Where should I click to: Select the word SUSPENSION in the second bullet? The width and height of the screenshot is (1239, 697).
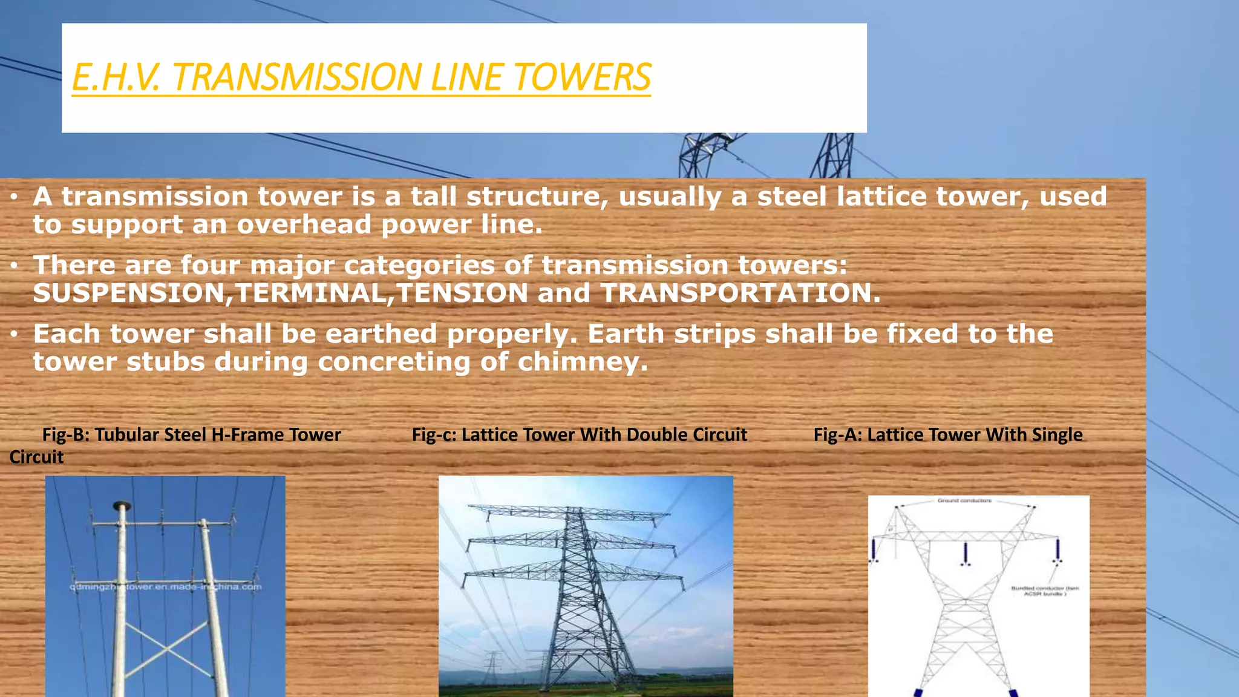[129, 293]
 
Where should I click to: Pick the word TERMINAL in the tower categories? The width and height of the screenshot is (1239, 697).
[310, 293]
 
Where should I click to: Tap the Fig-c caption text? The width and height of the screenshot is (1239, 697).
[579, 434]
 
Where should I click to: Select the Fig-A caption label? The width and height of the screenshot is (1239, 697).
[947, 434]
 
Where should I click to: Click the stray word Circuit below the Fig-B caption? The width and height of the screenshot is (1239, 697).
[36, 457]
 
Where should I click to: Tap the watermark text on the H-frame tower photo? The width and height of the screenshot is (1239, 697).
[165, 586]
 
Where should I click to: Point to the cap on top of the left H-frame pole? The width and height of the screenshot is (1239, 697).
[122, 505]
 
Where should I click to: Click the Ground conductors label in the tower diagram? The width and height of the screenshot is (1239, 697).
[964, 500]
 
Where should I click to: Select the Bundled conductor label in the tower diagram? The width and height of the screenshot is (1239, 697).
[1045, 591]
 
